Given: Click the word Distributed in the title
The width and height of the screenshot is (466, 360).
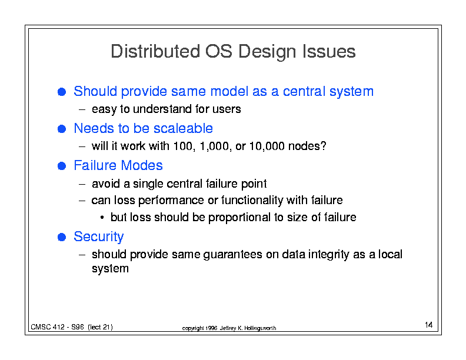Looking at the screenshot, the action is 155,51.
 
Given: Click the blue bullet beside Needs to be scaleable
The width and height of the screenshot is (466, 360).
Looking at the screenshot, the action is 62,129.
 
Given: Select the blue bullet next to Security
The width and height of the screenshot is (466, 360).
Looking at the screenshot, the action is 62,237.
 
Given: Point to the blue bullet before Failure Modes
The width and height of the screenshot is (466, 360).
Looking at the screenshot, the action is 62,166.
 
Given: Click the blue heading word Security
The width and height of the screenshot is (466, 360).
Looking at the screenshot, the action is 99,237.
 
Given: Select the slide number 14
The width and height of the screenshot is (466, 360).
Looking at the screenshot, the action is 428,325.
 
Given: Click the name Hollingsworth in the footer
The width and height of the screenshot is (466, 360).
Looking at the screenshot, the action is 260,328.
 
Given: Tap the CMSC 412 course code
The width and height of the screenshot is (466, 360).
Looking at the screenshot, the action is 48,327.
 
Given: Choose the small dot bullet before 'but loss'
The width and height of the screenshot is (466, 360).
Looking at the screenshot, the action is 102,218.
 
